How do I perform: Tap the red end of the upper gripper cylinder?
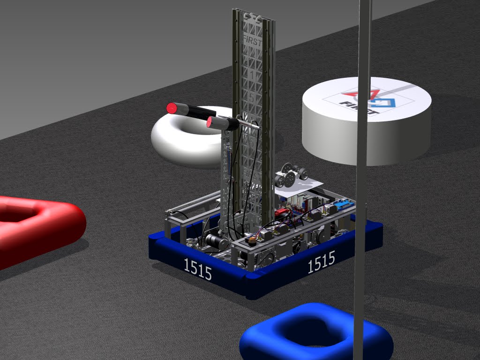tap(172, 108)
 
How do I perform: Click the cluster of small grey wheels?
tap(291, 176)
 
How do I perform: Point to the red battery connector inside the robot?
tap(283, 212)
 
